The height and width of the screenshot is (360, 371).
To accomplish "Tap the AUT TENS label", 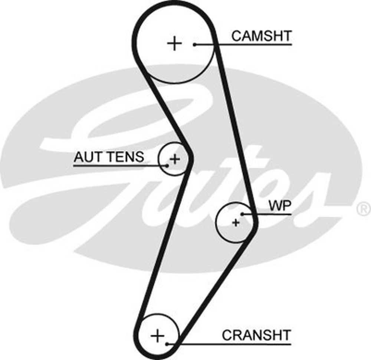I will pyautogui.click(x=109, y=157).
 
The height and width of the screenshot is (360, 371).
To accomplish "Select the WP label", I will pyautogui.click(x=280, y=206).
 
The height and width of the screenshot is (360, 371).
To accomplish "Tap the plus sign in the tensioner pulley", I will pyautogui.click(x=174, y=159).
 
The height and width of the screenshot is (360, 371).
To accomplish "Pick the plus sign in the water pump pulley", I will pyautogui.click(x=236, y=223).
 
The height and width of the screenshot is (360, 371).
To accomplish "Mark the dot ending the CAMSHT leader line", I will pyautogui.click(x=194, y=45).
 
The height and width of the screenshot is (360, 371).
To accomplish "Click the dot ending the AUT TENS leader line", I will pyautogui.click(x=167, y=166).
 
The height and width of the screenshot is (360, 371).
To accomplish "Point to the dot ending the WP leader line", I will pyautogui.click(x=242, y=214).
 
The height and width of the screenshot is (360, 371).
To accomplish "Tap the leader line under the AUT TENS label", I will pyautogui.click(x=119, y=166).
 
